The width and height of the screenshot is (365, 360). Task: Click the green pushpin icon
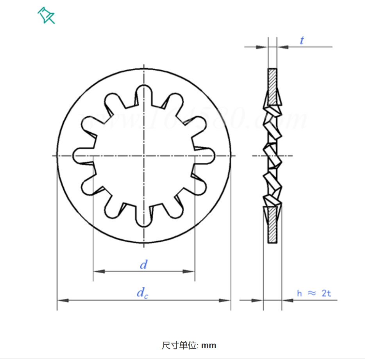[x=46, y=16]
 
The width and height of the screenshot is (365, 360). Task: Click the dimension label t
[x=302, y=41]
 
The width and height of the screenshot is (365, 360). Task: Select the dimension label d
[x=144, y=265]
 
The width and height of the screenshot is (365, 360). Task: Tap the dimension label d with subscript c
[x=142, y=293]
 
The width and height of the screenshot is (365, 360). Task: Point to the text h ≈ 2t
[x=314, y=293]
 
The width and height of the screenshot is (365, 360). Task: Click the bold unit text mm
[x=209, y=346]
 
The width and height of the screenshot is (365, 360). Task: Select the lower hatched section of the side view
[x=272, y=230]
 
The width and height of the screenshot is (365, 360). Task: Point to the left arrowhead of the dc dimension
[x=63, y=300]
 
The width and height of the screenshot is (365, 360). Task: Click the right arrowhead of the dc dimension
[x=225, y=300]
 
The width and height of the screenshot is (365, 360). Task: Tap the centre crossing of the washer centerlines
[x=144, y=156]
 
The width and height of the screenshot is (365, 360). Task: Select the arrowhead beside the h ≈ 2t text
[x=287, y=300]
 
